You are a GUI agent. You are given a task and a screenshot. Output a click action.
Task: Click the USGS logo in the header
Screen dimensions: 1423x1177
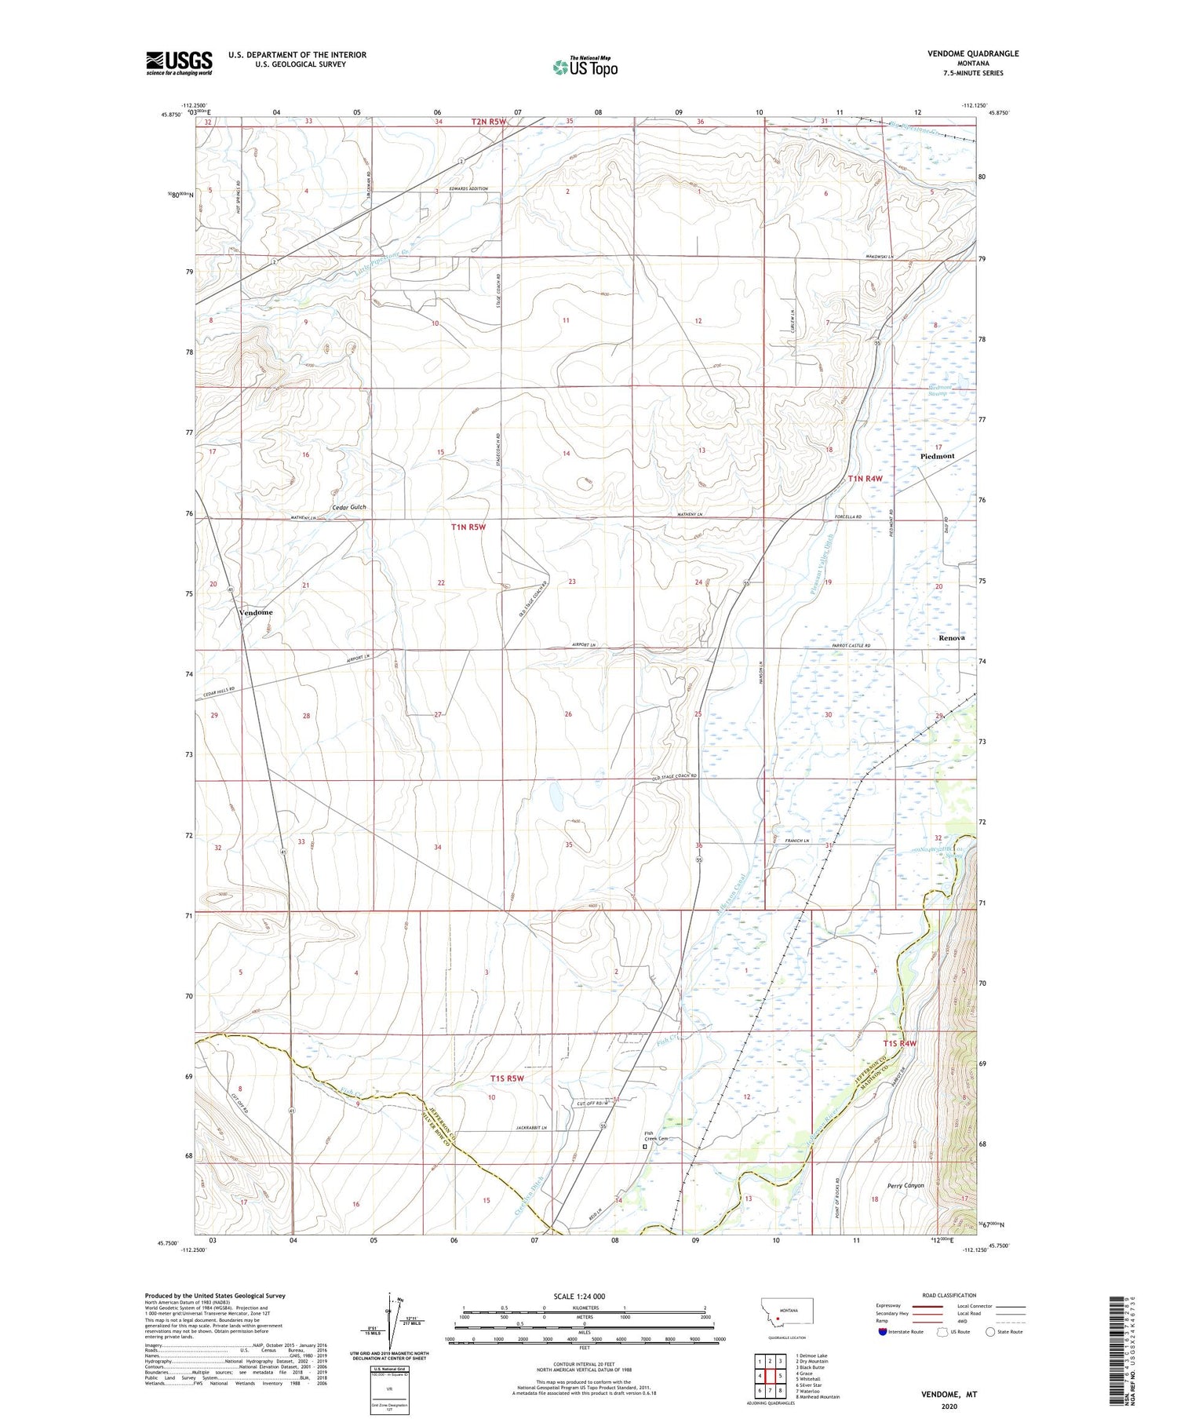[179, 63]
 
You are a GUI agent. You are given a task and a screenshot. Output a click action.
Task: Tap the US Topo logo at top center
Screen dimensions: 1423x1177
[585, 67]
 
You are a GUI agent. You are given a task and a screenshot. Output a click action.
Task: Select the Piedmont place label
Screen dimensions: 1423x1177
[937, 456]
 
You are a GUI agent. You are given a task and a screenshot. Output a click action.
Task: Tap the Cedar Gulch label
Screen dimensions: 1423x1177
[349, 507]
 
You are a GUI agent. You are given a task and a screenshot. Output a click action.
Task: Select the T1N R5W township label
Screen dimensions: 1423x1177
[468, 527]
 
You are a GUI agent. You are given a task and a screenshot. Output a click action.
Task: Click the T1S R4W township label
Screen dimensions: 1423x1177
[899, 1043]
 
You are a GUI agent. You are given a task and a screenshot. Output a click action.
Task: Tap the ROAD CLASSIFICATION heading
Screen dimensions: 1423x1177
[949, 1295]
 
